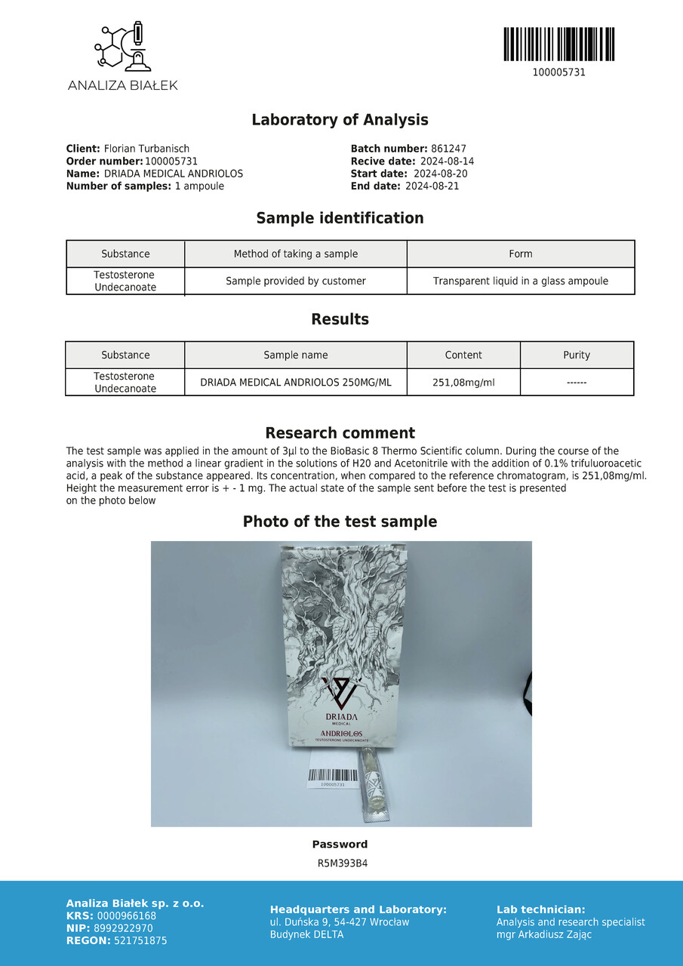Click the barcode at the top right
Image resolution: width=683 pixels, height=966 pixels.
(558, 45)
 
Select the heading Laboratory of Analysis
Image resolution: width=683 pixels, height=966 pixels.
(340, 120)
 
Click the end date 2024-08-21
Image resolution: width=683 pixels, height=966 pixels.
(432, 186)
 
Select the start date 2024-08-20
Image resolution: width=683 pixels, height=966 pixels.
(441, 174)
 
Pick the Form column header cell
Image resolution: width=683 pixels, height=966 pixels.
(520, 254)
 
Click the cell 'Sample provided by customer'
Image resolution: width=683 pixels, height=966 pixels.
(295, 281)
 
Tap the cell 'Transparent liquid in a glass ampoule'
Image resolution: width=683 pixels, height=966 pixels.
(520, 281)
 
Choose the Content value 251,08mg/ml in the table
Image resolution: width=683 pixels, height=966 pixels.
(463, 382)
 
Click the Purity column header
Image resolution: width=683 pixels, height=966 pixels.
(577, 355)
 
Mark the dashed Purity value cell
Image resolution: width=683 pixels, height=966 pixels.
(577, 382)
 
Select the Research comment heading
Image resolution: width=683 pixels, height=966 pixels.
(340, 433)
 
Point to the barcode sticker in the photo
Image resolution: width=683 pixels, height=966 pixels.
(333, 777)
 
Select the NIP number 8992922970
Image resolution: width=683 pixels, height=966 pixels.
(125, 928)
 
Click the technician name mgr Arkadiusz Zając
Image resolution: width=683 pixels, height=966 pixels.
(543, 934)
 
